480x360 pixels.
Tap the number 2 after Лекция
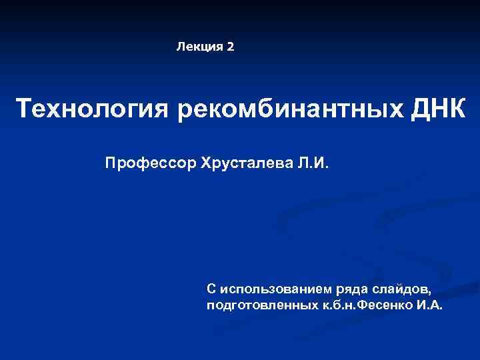click(231, 47)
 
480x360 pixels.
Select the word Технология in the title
click(93, 109)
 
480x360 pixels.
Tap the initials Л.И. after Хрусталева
click(313, 163)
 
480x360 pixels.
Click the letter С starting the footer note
click(211, 289)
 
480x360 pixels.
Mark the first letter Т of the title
click(23, 109)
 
